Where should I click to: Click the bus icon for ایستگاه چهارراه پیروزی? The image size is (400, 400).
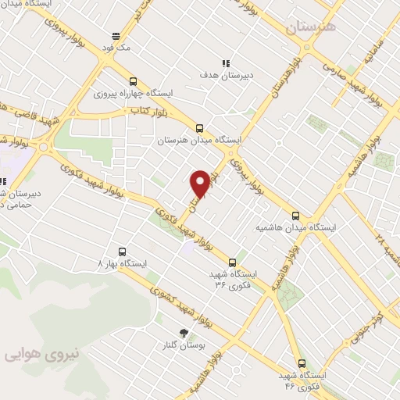(x=132, y=80)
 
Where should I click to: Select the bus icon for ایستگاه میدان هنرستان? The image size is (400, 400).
(x=199, y=128)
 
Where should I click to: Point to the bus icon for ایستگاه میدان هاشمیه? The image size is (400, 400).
(x=295, y=216)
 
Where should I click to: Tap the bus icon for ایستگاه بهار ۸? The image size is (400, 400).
(x=121, y=252)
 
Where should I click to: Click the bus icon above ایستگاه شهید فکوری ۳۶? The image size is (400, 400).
(x=231, y=262)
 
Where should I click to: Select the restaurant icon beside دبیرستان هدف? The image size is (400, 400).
(x=226, y=64)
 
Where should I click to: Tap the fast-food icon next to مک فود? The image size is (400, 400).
(x=116, y=36)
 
